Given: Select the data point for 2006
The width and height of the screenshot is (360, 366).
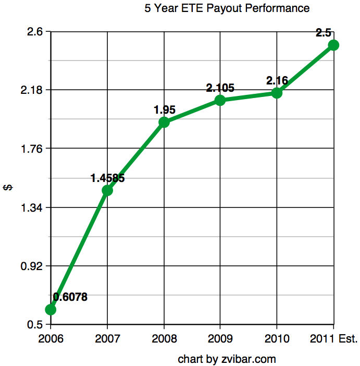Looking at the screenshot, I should (51, 310).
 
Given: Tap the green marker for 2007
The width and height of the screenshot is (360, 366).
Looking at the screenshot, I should (107, 190).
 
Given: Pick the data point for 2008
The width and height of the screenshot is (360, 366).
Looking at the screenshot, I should (164, 122).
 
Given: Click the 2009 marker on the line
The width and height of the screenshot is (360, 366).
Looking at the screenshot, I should (220, 100).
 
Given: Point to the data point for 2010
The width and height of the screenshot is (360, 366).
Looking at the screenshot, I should (277, 93).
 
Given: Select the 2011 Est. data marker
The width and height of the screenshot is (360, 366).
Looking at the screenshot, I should (333, 45).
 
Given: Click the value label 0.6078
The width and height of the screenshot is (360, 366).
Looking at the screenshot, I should (70, 297).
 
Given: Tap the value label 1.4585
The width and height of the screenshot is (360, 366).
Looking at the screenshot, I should (107, 178).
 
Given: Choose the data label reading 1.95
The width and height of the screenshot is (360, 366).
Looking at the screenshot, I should (164, 110).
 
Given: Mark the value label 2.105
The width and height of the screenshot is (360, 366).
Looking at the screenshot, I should (220, 88).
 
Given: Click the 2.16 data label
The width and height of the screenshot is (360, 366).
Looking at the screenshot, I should (277, 81).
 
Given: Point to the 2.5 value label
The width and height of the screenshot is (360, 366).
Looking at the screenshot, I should (324, 33).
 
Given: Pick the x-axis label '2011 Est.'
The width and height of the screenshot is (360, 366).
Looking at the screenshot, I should (333, 339).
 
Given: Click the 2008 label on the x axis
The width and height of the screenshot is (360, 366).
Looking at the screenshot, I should (164, 339).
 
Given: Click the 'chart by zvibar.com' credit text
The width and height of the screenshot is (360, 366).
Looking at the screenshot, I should (227, 359).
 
